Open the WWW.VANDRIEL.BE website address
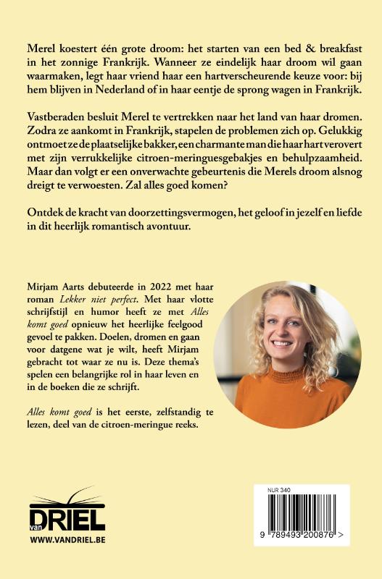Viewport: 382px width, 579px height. (x=67, y=541)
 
